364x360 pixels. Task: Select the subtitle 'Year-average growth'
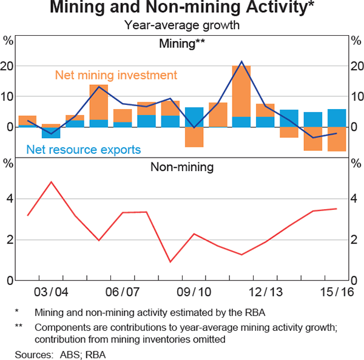coord(182,25)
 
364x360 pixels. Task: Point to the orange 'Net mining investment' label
coord(116,75)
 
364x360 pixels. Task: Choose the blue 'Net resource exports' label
coord(84,149)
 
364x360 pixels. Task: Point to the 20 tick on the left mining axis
coord(8,66)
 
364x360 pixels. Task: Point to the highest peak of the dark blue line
coord(241,61)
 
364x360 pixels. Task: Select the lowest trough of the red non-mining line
coord(170,262)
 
